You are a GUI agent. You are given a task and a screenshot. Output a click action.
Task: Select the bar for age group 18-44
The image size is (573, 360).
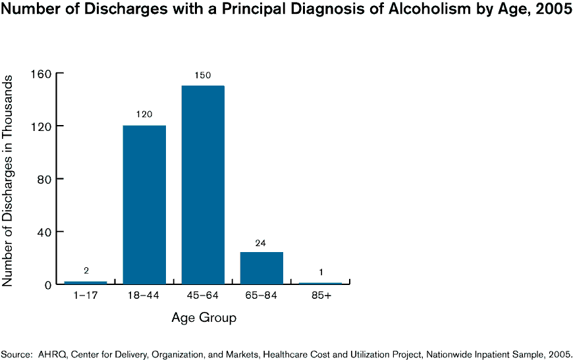(x=144, y=205)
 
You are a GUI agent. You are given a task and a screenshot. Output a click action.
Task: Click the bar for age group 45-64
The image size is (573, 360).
(x=203, y=185)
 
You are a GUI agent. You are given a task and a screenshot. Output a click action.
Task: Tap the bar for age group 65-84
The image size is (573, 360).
(x=261, y=268)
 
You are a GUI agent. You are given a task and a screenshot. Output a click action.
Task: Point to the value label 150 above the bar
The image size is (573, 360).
(x=203, y=75)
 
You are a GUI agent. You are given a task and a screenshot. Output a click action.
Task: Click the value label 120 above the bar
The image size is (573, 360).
(x=144, y=115)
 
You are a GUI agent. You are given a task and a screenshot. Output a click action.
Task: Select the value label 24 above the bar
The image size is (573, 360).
(x=261, y=243)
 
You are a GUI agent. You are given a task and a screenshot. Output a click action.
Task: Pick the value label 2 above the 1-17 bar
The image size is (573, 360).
(x=86, y=270)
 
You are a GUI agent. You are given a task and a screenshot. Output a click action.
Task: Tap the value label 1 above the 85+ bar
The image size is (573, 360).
(x=320, y=272)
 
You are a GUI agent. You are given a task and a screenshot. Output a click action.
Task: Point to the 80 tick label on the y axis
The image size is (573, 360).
(x=47, y=179)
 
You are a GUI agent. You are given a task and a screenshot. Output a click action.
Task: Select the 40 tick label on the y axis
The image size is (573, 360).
(x=47, y=232)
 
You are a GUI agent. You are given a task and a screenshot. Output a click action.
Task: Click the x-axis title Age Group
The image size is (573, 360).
(x=204, y=319)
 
